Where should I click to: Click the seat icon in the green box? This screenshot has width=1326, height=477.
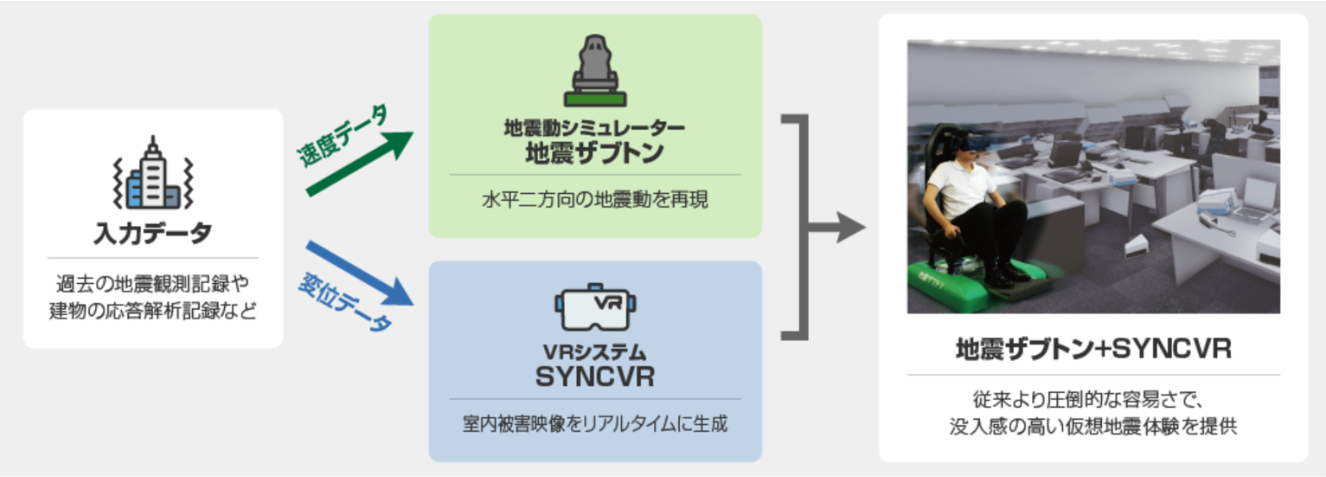[x=594, y=70]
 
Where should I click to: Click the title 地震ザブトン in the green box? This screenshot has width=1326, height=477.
[x=594, y=153]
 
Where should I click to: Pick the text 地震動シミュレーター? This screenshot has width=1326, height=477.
[x=594, y=128]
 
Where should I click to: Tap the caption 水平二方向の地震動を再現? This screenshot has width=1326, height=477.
[x=594, y=201]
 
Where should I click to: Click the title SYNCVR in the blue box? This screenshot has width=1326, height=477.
[x=594, y=377]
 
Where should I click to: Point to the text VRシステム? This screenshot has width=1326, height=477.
[x=594, y=352]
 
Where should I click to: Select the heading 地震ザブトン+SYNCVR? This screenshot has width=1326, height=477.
[x=1092, y=351]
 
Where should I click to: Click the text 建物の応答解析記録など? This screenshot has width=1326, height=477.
[x=153, y=310]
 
